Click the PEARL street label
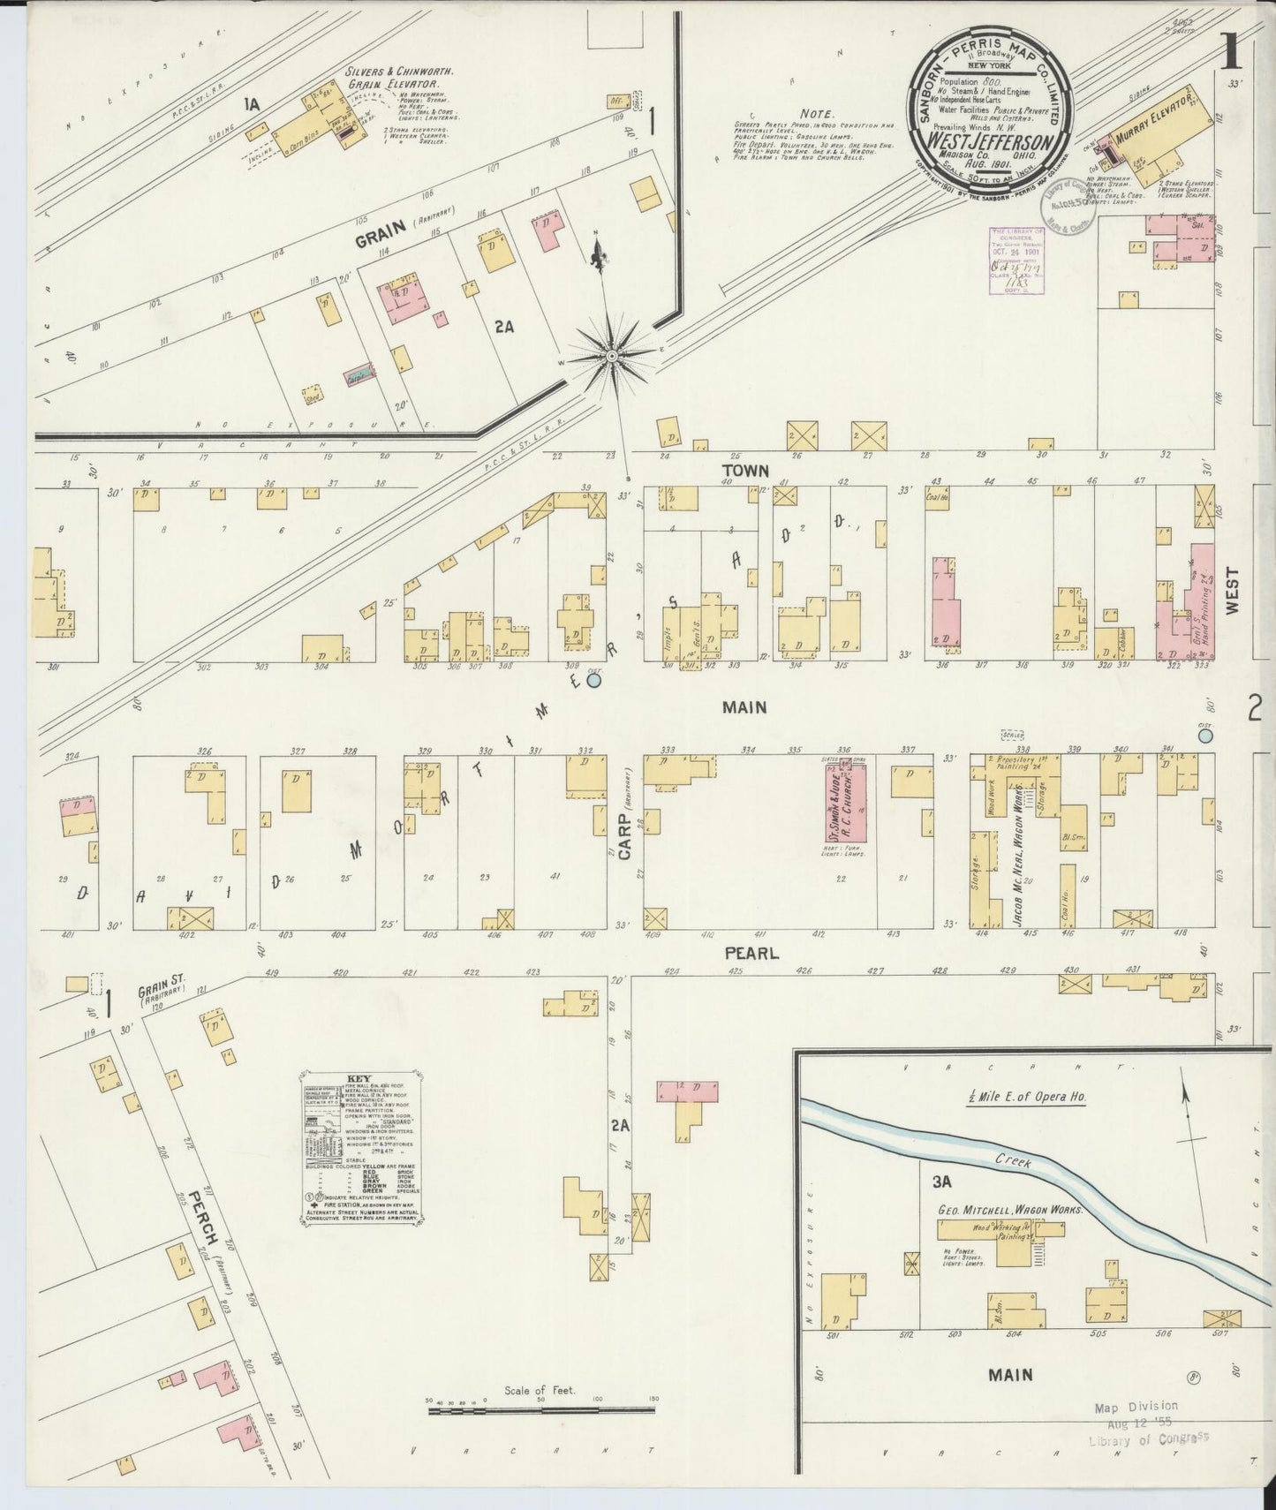[x=751, y=954]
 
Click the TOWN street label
[x=744, y=471]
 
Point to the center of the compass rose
[x=611, y=355]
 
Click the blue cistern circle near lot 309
[x=593, y=680]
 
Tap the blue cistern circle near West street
[x=1205, y=735]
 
